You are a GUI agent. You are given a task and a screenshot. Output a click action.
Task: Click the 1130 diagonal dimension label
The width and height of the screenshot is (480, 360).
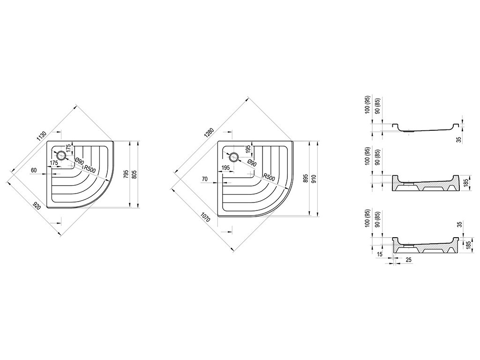tap(41, 135)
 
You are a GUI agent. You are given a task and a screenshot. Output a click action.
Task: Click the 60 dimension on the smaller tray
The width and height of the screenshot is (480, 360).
tap(34, 170)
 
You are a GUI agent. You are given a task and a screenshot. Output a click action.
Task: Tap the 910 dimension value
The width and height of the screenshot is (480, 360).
tap(314, 179)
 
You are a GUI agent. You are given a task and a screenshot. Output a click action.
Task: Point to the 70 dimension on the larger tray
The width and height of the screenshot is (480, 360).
tap(205, 178)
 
